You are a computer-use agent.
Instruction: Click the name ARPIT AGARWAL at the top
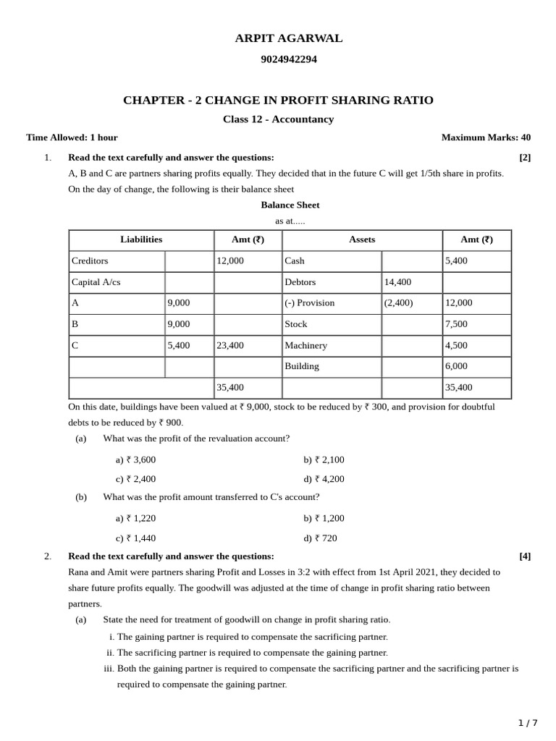click(288, 38)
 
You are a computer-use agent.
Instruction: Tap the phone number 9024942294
click(288, 59)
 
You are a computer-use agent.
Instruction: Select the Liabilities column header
click(141, 240)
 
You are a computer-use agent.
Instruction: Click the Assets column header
click(362, 240)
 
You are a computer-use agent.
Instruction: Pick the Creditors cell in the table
click(89, 261)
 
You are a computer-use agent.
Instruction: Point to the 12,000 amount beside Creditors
click(230, 261)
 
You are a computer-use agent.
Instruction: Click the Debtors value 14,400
click(397, 282)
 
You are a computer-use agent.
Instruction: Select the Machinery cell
click(306, 346)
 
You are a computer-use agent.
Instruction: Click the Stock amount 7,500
click(456, 324)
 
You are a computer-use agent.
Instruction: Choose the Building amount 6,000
click(456, 366)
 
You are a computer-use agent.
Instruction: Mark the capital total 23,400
click(230, 346)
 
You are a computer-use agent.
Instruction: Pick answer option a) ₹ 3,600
click(135, 460)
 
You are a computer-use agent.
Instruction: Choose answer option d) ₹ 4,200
click(324, 479)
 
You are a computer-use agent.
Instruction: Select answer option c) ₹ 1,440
click(135, 538)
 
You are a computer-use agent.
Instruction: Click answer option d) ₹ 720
click(320, 538)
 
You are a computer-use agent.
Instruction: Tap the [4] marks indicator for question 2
click(525, 556)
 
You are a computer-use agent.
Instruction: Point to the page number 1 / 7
click(528, 723)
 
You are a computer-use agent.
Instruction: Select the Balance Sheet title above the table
click(290, 205)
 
